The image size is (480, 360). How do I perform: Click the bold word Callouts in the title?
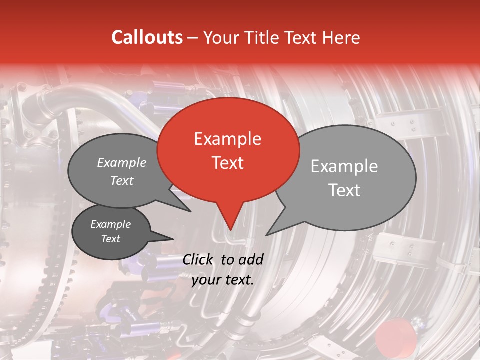pos(147,37)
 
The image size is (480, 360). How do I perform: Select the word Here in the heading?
pos(341,37)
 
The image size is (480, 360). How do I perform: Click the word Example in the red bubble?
pos(227,139)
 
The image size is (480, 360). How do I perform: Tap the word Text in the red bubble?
pos(228,163)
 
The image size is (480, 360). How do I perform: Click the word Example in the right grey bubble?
pos(344,166)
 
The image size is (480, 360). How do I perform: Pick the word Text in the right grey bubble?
pos(345,190)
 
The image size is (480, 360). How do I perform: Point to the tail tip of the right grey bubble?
pos(267,235)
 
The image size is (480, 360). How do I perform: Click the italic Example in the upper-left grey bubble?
pos(122,162)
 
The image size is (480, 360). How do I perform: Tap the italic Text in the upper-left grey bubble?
pos(122,181)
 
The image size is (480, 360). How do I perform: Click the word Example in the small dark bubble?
pos(111,224)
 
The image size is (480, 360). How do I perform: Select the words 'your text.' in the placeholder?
pos(223,280)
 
